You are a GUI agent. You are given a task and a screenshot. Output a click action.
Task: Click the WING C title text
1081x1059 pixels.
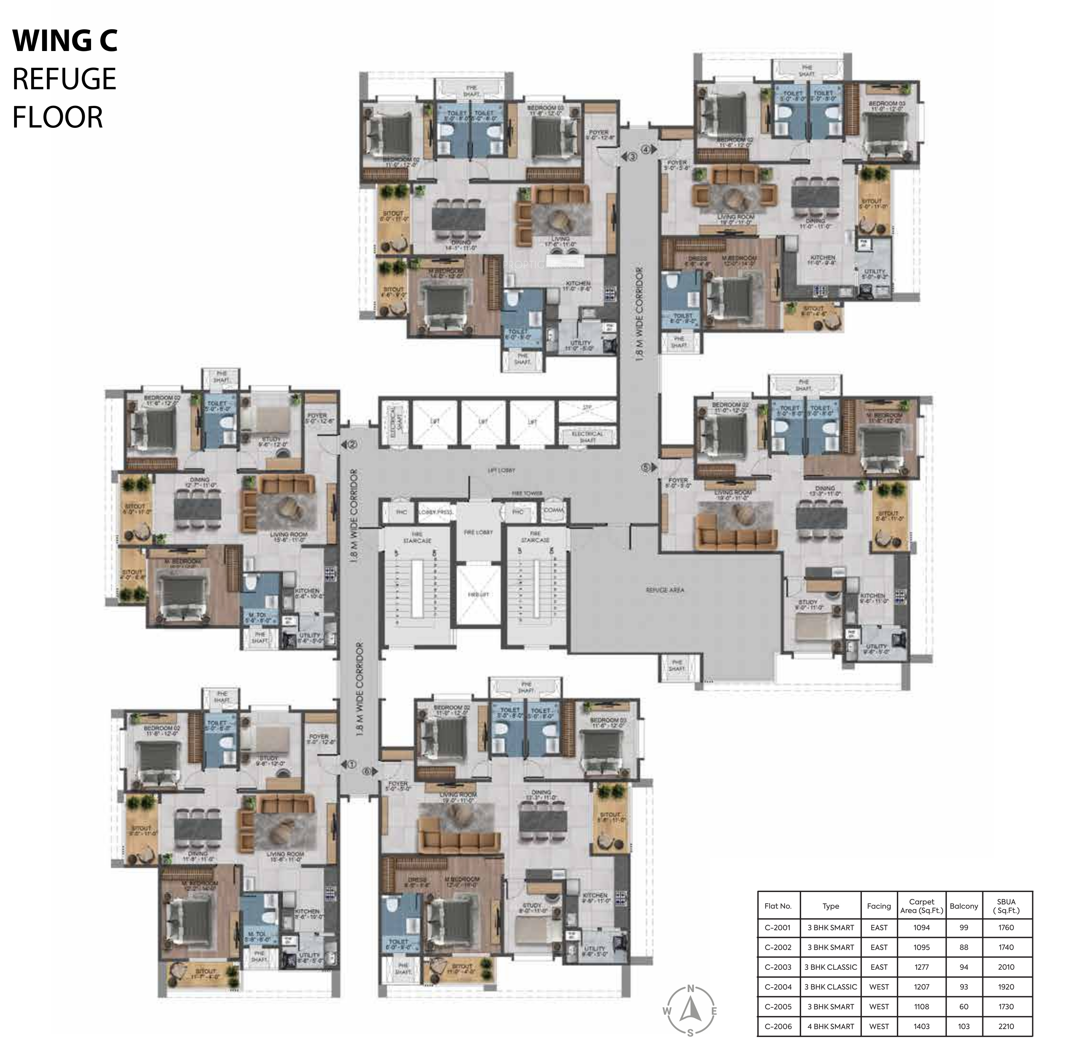(x=65, y=41)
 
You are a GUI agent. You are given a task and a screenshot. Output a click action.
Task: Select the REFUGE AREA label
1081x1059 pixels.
(x=665, y=589)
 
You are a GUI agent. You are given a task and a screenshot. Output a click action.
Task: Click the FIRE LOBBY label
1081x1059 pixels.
(x=478, y=532)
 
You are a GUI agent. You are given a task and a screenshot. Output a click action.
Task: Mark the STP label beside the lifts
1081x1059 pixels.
(x=587, y=408)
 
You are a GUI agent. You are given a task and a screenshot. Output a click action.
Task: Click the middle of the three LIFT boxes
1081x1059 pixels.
(x=483, y=422)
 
